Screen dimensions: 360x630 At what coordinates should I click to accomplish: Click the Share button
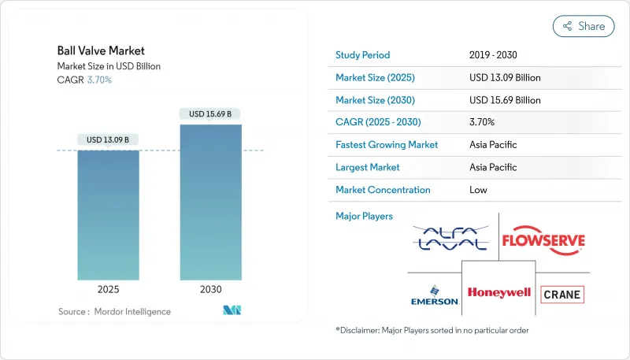pos(584,26)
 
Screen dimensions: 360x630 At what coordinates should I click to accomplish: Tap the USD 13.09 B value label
pos(108,140)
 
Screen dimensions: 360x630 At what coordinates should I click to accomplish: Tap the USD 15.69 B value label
pos(210,114)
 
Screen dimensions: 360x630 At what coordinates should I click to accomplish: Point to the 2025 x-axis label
pos(108,289)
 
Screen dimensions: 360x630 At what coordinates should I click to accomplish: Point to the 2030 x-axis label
pos(210,289)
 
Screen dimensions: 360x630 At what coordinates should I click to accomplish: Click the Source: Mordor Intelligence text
pos(114,312)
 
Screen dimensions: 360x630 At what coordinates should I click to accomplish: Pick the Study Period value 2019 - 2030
pos(493,55)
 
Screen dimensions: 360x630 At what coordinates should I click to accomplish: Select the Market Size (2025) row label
pos(375,78)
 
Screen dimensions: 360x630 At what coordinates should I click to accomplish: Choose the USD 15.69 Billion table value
pos(504,100)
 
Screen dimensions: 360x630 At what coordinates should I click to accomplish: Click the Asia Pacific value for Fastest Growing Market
pos(493,145)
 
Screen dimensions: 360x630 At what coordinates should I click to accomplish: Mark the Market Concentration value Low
pos(478,190)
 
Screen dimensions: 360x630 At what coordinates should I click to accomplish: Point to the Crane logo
pos(563,295)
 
